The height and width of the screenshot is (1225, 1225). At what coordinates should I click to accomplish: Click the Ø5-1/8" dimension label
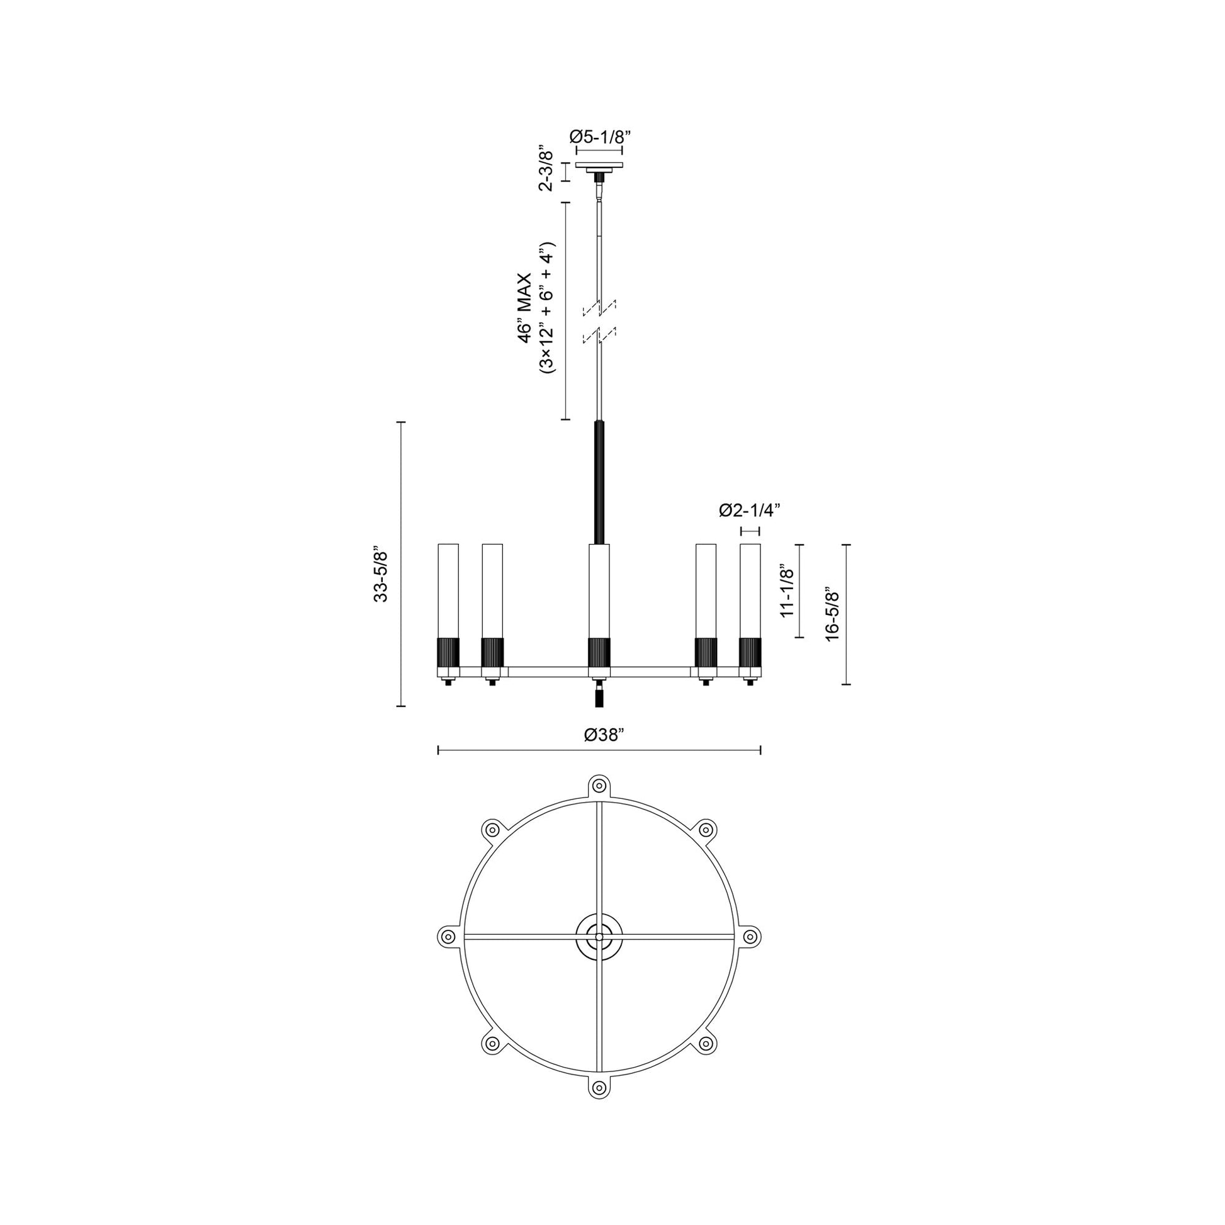[x=600, y=137]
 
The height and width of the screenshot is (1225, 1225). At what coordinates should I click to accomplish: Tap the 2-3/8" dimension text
[x=546, y=171]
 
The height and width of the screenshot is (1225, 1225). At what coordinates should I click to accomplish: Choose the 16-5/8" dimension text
[x=833, y=614]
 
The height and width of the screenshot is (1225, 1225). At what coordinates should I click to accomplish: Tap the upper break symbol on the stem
[x=599, y=309]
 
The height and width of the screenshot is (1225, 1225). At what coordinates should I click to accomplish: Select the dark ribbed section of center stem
[x=599, y=482]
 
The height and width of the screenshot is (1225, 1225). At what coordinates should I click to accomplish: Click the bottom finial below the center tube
[x=599, y=697]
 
